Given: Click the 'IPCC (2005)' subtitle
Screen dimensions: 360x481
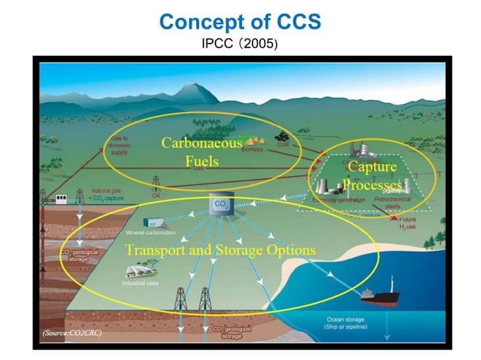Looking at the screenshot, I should point(240,44).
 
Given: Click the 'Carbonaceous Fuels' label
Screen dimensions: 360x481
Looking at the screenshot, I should point(201,151).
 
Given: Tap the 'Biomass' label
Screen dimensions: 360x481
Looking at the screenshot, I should point(251,150).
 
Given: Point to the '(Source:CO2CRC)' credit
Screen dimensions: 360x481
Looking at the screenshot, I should point(71,331).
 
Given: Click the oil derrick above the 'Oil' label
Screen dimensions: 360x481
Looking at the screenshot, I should point(156,183).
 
